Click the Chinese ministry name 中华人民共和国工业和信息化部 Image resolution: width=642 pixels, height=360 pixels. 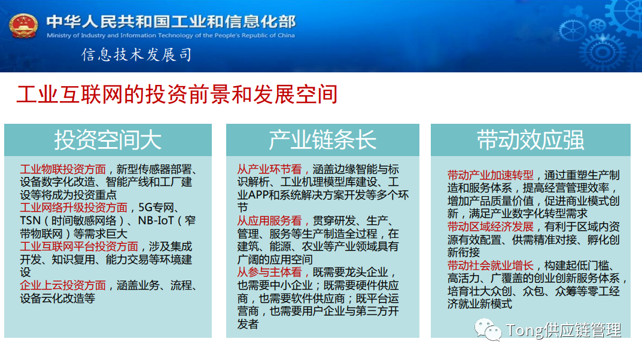[171, 22]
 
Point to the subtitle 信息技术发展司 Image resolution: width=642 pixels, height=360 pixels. [136, 56]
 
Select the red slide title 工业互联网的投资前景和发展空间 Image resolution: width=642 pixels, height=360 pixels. [177, 94]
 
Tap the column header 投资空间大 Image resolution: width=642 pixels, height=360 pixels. [108, 140]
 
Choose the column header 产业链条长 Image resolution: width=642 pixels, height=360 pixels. [322, 140]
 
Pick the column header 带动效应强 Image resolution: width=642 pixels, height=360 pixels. [530, 140]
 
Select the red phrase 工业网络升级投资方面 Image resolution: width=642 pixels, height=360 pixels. [74, 208]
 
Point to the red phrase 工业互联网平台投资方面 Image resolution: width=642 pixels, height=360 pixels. [79, 246]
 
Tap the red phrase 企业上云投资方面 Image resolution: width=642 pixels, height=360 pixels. [63, 285]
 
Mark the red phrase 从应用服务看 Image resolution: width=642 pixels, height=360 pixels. [270, 221]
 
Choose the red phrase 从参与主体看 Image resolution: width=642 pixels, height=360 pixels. [270, 272]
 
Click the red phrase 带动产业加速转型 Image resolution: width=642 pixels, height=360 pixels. [490, 175]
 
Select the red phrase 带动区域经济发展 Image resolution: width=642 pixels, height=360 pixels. [490, 227]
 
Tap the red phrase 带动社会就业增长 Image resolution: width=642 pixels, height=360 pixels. [490, 266]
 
